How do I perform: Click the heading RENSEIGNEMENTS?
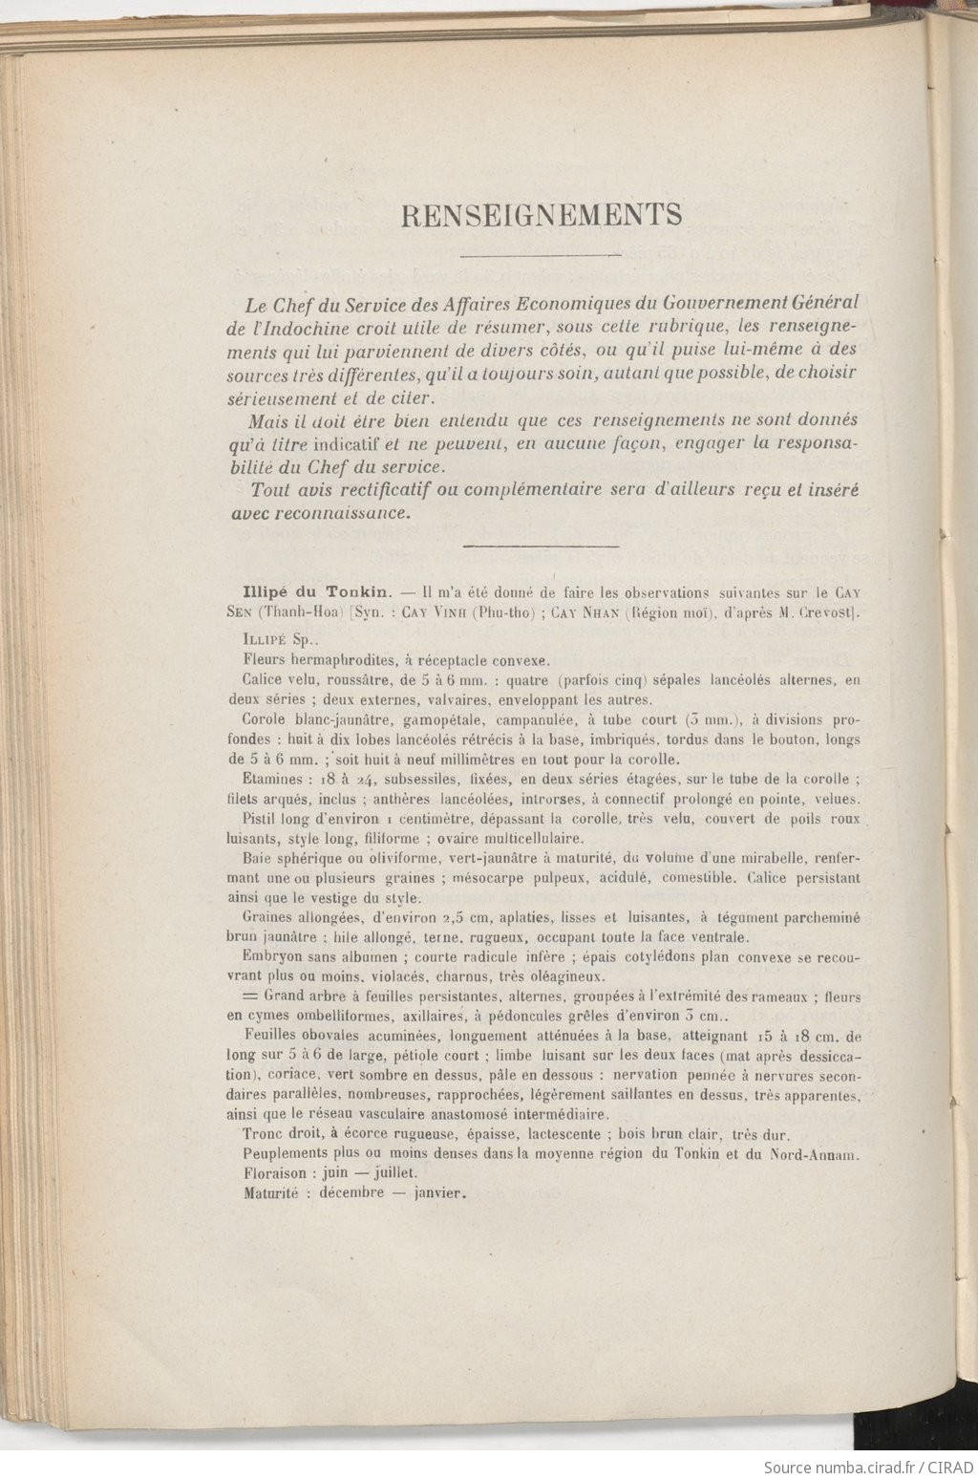pos(542,215)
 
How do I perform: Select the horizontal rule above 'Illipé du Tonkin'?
pos(542,546)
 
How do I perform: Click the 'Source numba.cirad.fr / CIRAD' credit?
pos(867,1465)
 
